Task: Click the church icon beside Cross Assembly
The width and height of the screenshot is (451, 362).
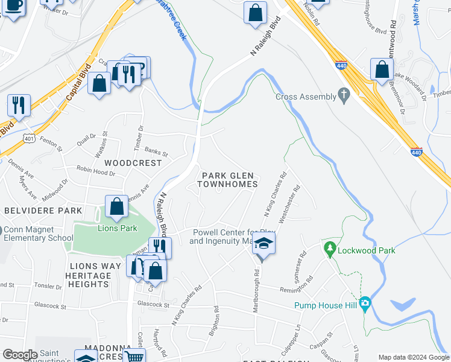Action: point(344,96)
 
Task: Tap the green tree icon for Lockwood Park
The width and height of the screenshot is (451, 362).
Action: point(329,249)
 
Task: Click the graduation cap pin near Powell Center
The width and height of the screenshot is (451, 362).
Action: point(263,243)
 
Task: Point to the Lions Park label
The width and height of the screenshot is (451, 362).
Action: point(118,228)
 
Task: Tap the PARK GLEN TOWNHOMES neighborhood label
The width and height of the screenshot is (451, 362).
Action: point(229,179)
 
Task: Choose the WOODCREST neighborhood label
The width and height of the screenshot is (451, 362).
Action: point(133,163)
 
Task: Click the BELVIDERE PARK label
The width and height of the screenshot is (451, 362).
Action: point(43,211)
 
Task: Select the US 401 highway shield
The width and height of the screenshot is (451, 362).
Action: point(28,139)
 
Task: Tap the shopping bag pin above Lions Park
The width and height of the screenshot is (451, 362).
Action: point(116,206)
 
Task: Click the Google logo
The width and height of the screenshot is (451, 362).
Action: point(19,355)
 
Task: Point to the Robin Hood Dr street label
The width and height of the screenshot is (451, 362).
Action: point(95,173)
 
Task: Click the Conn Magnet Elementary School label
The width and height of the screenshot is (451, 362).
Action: point(37,233)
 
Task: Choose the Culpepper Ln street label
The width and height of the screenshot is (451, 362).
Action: point(296,338)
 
